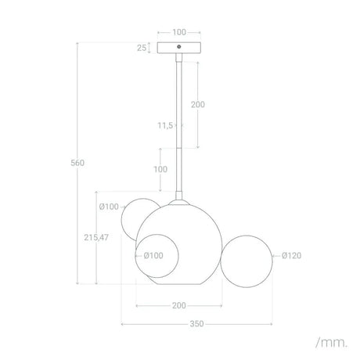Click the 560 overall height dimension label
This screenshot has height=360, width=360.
tap(77, 163)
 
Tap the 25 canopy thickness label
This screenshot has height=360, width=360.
tap(142, 48)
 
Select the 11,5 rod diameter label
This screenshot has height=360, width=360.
tap(165, 126)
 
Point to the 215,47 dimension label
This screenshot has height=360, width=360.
tap(96, 237)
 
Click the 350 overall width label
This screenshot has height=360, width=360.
tap(196, 324)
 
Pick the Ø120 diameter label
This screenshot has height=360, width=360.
tap(291, 255)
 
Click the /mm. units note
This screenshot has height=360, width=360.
tap(331, 343)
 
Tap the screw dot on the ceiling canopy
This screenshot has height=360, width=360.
tap(179, 47)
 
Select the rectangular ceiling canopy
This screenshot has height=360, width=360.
tap(179, 48)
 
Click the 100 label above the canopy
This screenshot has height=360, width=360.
tap(179, 32)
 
